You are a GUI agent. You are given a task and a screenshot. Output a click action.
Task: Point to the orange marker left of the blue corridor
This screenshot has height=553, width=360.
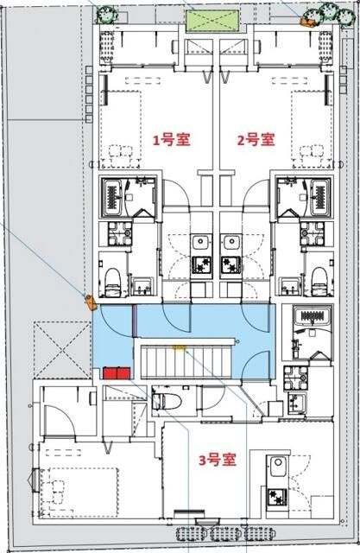point(89,302)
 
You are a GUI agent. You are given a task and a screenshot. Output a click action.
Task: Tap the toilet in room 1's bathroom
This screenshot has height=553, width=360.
point(112,274)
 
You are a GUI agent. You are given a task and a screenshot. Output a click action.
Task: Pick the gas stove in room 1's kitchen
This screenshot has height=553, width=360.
point(202,265)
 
